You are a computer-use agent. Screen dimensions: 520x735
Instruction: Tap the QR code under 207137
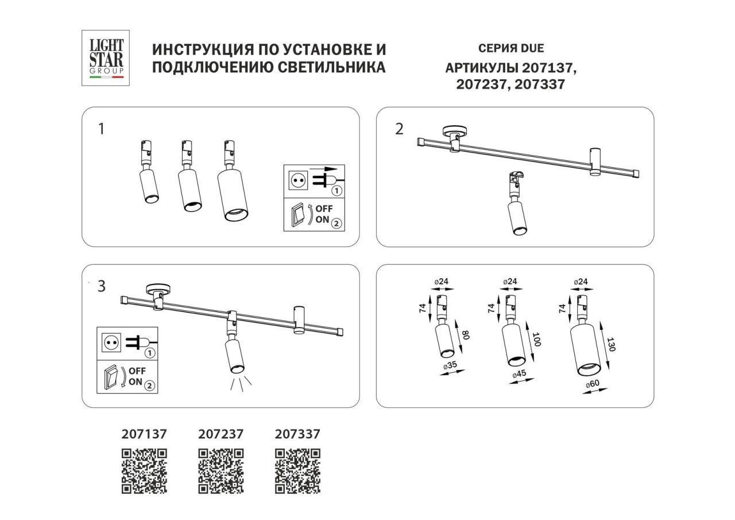click(x=144, y=471)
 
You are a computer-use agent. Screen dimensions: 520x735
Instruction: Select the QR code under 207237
click(x=220, y=471)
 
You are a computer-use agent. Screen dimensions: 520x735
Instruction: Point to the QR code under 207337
click(x=297, y=471)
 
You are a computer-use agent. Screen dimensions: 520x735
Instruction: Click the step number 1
click(x=102, y=129)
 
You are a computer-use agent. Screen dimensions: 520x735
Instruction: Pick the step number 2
click(x=400, y=129)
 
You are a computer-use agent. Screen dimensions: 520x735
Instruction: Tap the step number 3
click(x=102, y=286)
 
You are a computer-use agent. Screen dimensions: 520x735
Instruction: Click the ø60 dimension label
click(x=593, y=384)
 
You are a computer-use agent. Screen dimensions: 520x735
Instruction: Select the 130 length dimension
click(x=611, y=345)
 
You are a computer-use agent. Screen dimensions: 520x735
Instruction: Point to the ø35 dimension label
click(x=450, y=365)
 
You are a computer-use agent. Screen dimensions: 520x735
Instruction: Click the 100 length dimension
click(x=536, y=340)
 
